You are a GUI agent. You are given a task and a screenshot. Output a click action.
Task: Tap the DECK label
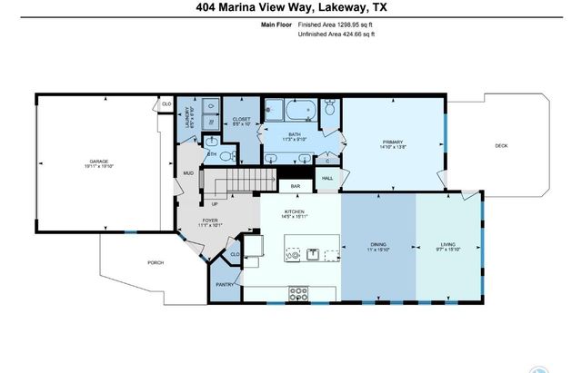[501, 145]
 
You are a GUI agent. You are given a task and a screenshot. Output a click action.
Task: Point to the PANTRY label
[225, 284]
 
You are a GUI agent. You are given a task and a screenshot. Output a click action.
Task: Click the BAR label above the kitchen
[296, 186]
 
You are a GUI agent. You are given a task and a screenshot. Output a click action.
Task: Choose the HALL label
[327, 178]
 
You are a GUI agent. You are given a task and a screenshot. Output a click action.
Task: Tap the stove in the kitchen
[299, 292]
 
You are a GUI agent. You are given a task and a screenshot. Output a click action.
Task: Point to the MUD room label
[188, 172]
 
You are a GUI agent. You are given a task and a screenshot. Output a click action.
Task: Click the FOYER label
[211, 218]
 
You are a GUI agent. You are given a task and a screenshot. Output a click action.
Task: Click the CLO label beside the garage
[166, 105]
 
